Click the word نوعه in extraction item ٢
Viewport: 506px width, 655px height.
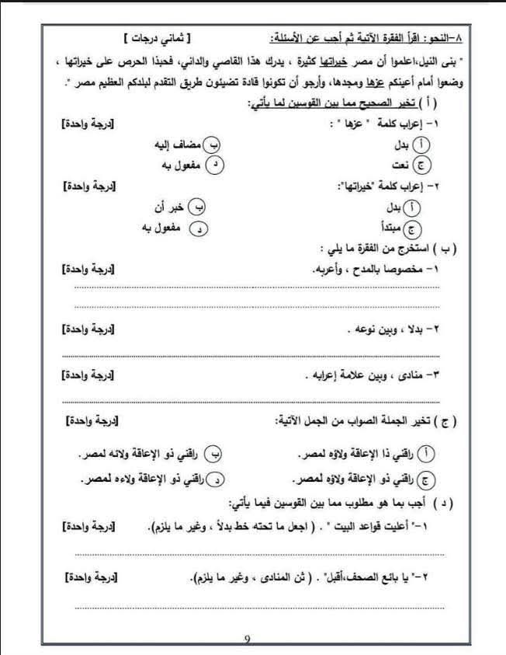click(x=361, y=329)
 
